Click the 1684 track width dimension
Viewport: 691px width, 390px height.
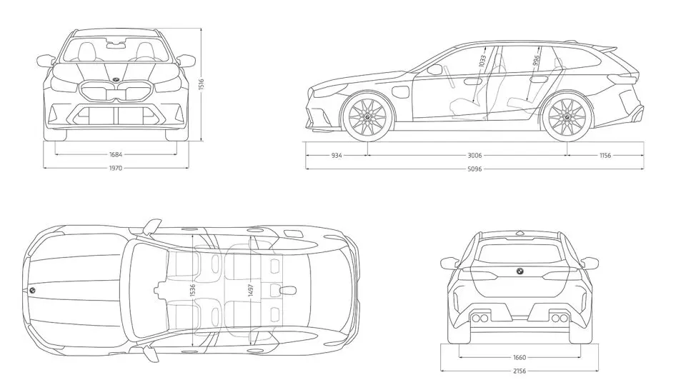pyautogui.click(x=115, y=154)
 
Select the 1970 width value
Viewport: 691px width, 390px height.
pyautogui.click(x=116, y=169)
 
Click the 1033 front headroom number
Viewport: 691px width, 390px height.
pyautogui.click(x=484, y=61)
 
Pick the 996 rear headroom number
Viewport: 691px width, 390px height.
pyautogui.click(x=537, y=61)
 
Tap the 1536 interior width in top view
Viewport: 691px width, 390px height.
pyautogui.click(x=192, y=289)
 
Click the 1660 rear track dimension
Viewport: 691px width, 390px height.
pyautogui.click(x=520, y=357)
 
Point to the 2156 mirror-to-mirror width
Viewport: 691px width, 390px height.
pyautogui.click(x=520, y=371)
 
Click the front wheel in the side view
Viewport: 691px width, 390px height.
pyautogui.click(x=368, y=116)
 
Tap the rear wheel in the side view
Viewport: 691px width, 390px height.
pyautogui.click(x=567, y=116)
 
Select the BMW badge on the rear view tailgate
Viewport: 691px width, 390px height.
pyautogui.click(x=520, y=271)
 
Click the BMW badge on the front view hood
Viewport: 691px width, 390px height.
pyautogui.click(x=116, y=79)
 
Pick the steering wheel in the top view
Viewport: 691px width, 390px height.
pyautogui.click(x=159, y=290)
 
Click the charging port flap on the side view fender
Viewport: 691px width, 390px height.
pyautogui.click(x=401, y=93)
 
